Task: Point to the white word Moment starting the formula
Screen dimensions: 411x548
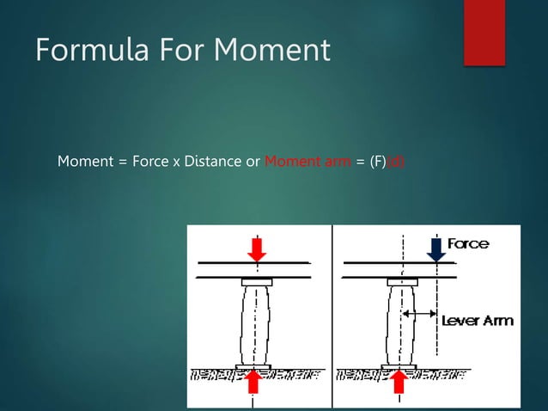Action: [84, 161]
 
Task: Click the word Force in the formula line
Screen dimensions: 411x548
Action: [150, 161]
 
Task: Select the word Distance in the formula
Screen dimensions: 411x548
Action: [213, 161]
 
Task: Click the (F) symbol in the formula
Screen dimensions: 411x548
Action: [377, 161]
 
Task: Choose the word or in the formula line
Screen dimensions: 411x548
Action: [253, 161]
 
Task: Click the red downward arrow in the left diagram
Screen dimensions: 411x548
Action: [257, 249]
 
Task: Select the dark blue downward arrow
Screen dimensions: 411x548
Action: [436, 249]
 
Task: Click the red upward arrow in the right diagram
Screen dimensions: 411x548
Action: [400, 380]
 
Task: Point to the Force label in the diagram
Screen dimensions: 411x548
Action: [468, 243]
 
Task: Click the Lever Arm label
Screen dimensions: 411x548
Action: [478, 321]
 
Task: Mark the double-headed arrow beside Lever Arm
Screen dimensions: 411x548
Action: [420, 316]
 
